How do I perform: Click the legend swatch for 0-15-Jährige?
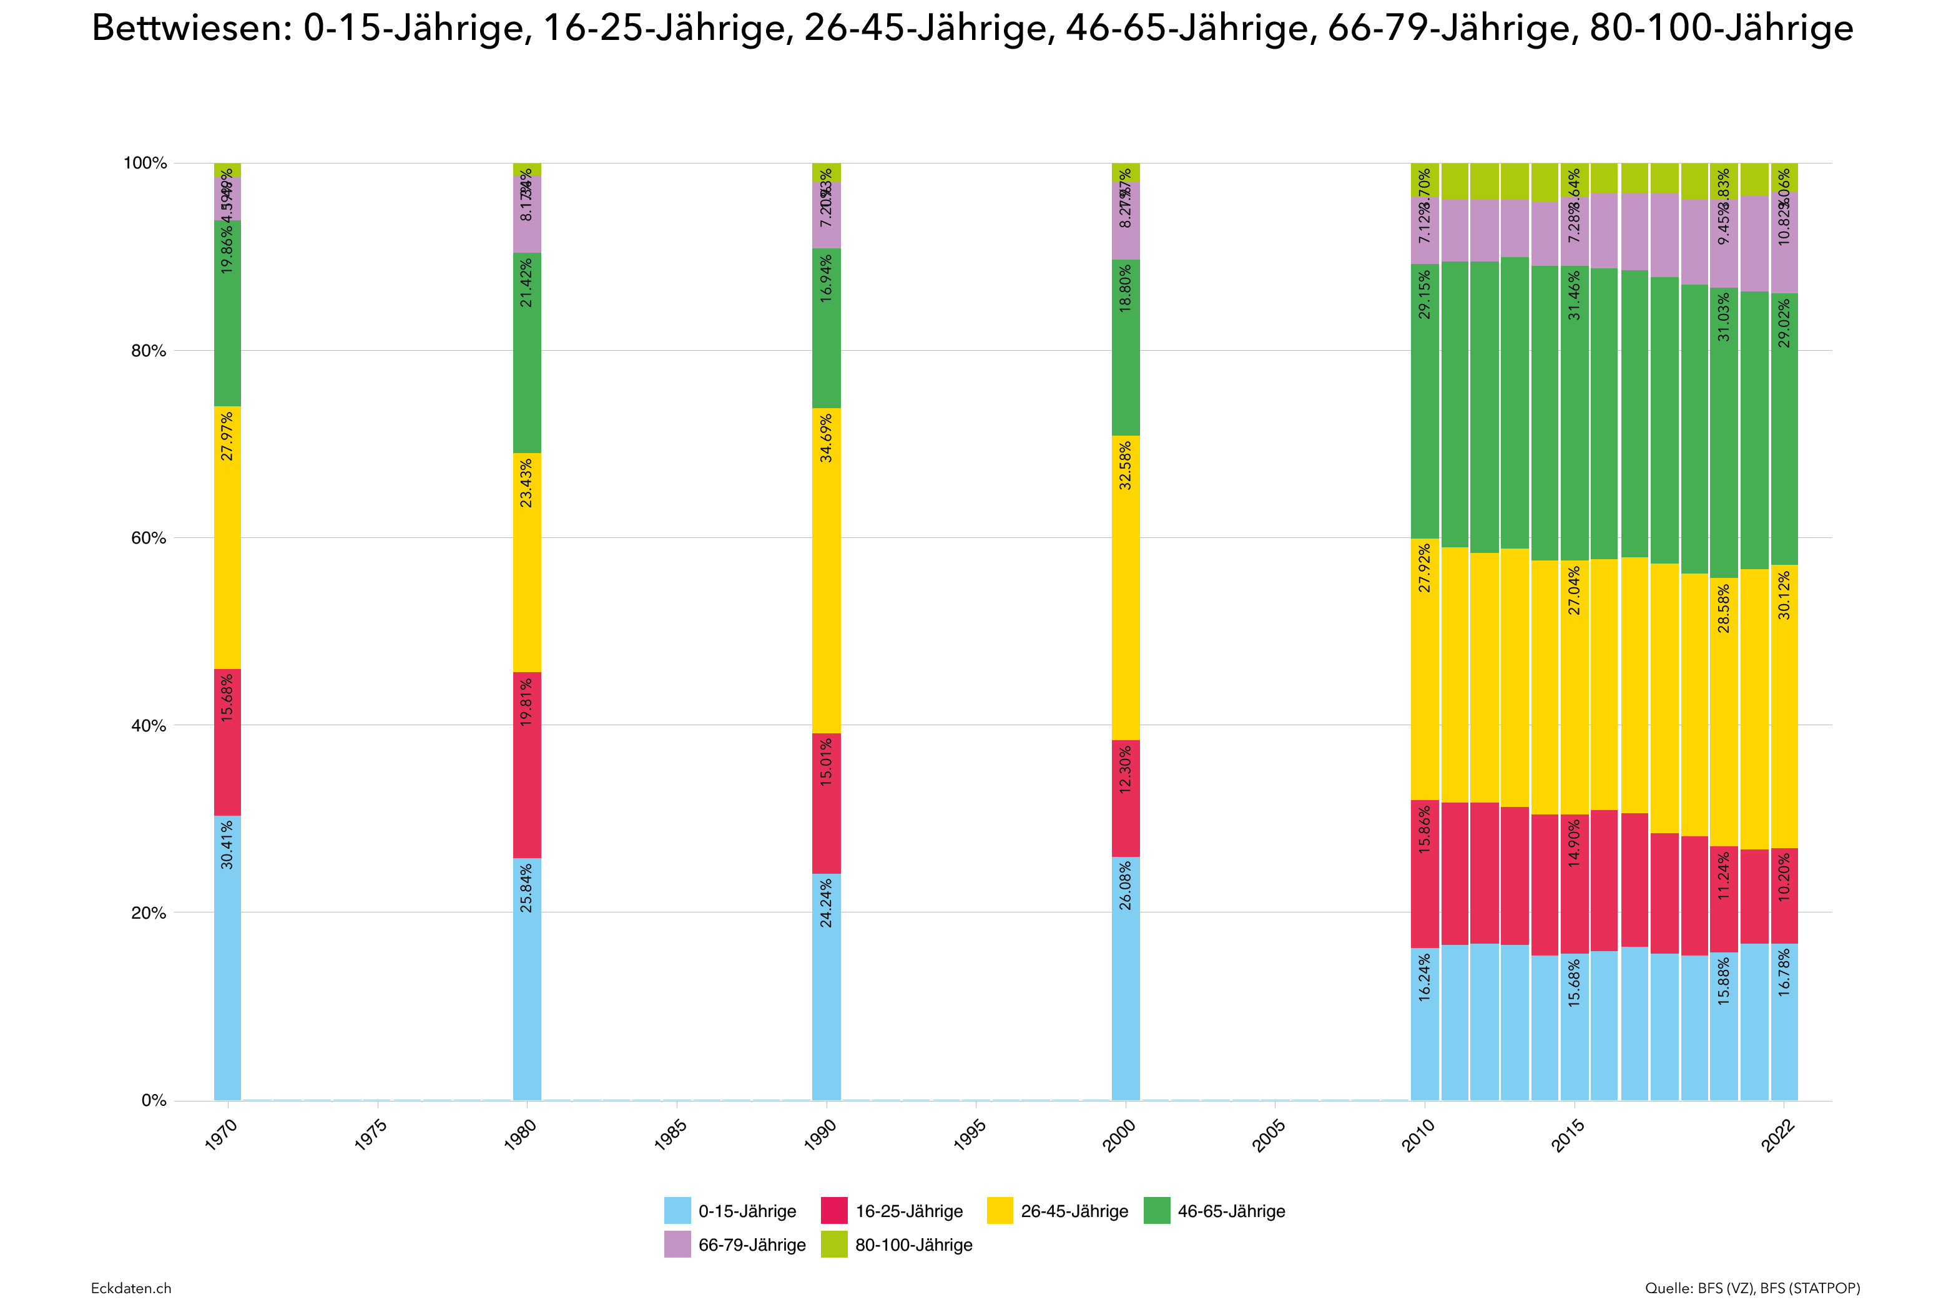coord(677,1211)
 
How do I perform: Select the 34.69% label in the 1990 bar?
coord(826,437)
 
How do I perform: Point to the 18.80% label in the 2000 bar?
coord(1125,288)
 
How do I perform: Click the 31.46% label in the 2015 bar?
coord(1574,295)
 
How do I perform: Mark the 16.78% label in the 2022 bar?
coord(1784,972)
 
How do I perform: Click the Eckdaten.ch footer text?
coord(131,1288)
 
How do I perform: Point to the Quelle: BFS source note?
coord(1752,1288)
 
